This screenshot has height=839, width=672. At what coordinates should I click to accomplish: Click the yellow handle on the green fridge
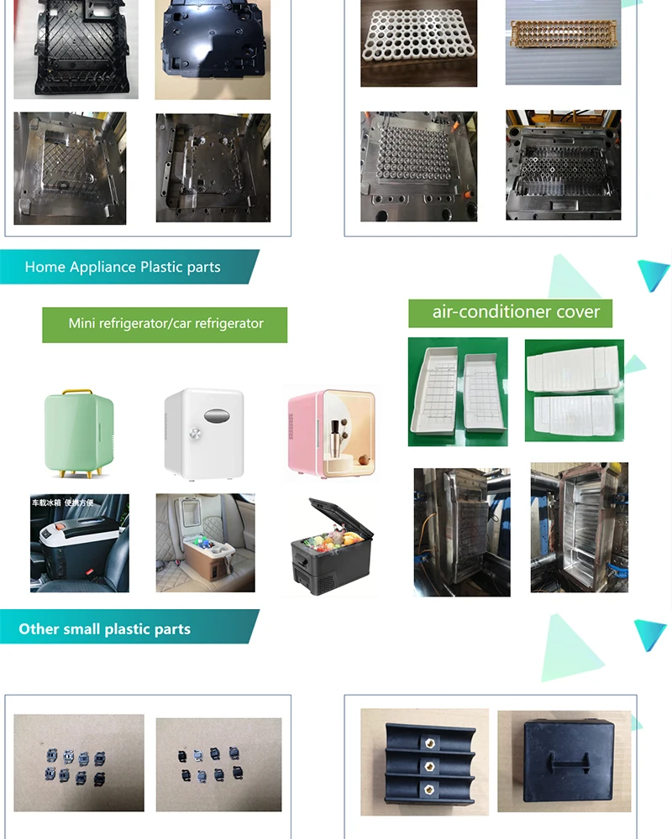pos(78,391)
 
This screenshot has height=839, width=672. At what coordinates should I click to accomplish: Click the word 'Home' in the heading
pos(45,267)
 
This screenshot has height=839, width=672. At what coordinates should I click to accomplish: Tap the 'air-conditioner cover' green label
pos(511,312)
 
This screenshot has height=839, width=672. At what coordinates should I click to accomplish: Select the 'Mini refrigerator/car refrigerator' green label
pos(165,324)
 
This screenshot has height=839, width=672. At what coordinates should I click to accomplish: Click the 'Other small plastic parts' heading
pos(105,629)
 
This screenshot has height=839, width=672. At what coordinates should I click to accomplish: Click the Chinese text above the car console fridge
pos(62,503)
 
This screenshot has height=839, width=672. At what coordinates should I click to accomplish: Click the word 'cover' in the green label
pos(580,312)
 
